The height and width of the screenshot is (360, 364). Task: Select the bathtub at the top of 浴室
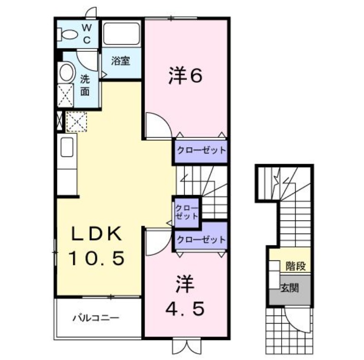tap(121, 33)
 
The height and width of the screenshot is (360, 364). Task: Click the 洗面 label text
tap(85, 85)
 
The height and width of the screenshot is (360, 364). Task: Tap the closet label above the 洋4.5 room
tap(201, 239)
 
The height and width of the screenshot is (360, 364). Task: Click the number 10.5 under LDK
tap(96, 260)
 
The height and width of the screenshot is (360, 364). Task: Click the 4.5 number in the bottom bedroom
tap(184, 310)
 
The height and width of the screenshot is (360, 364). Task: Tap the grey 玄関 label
tap(289, 288)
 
